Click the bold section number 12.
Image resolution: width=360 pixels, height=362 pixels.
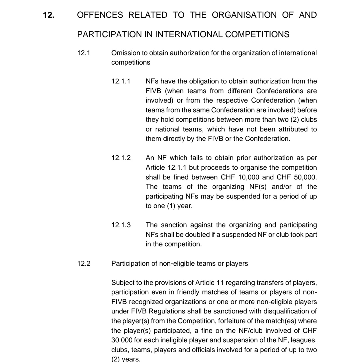click(x=49, y=15)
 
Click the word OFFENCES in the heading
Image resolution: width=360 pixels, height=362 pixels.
click(x=100, y=15)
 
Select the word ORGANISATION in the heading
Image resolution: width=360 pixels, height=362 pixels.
click(x=244, y=15)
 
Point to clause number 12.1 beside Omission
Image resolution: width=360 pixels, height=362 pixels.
click(x=83, y=53)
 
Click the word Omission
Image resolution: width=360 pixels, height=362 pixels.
click(x=125, y=53)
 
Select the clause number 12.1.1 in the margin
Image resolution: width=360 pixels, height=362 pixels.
click(x=121, y=81)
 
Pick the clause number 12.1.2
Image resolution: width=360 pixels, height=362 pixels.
click(x=121, y=158)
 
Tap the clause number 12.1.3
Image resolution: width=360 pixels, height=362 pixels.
click(x=121, y=225)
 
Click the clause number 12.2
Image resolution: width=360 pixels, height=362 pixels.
click(x=84, y=263)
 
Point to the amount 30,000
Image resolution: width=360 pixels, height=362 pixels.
click(x=122, y=340)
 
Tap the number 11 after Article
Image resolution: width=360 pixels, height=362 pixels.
click(x=220, y=283)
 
